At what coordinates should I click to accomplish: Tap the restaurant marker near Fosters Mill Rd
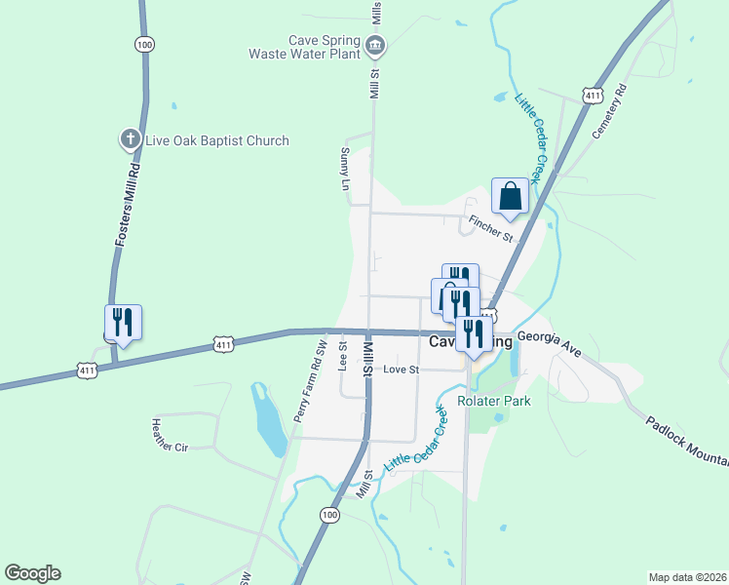point(124,323)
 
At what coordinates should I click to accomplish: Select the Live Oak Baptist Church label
point(217,140)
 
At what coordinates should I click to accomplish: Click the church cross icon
point(130,139)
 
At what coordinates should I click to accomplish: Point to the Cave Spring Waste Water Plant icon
point(375,45)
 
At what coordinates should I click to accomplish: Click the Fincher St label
point(490,229)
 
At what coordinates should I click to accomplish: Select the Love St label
point(401,370)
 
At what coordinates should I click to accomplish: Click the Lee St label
point(342,357)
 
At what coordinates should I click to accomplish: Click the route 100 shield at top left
point(145,45)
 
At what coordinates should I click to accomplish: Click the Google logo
point(32,573)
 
